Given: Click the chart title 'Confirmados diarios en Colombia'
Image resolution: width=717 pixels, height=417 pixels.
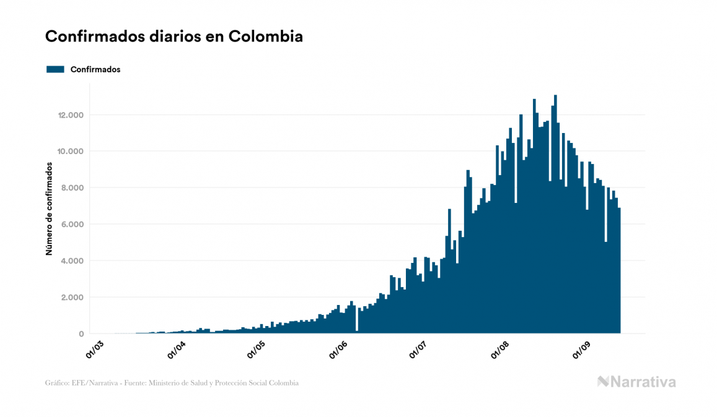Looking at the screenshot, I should tap(174, 37).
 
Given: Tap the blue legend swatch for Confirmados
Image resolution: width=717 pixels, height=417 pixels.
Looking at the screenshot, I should tap(56, 69).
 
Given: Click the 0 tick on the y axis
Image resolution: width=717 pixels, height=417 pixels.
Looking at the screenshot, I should tap(81, 334).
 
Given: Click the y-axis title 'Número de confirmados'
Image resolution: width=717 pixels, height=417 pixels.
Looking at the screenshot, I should tap(48, 209).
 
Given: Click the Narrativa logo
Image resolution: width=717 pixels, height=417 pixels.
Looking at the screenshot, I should tap(636, 382).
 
